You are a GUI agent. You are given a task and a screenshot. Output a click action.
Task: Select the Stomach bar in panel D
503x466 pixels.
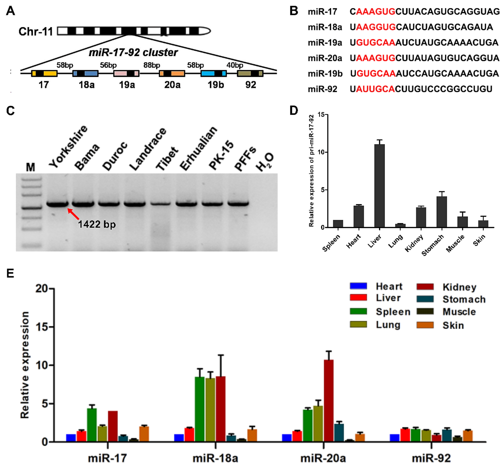pyautogui.click(x=442, y=212)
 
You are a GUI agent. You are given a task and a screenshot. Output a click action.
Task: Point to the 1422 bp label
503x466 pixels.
pyautogui.click(x=97, y=224)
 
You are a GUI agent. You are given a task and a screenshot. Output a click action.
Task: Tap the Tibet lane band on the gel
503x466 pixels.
pyautogui.click(x=161, y=203)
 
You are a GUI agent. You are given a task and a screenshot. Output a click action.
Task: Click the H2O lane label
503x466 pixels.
pyautogui.click(x=265, y=161)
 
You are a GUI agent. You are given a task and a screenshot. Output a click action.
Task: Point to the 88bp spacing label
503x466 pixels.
pyautogui.click(x=152, y=65)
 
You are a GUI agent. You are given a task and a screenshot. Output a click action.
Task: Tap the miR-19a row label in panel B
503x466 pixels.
pyautogui.click(x=325, y=43)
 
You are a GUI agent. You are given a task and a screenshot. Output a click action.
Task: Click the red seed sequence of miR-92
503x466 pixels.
pyautogui.click(x=375, y=89)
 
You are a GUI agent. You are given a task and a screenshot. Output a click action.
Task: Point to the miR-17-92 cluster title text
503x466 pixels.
pyautogui.click(x=133, y=52)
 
